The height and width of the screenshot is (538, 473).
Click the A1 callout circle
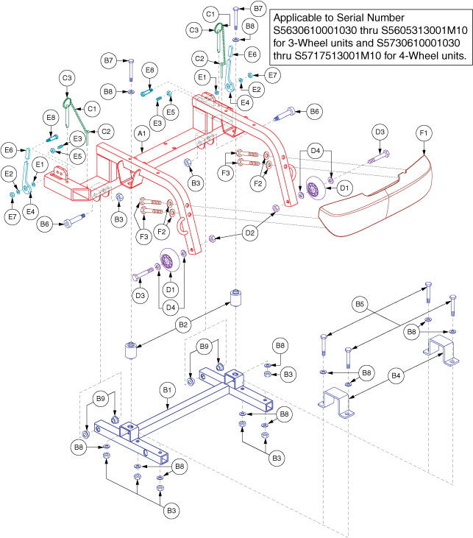(141, 135)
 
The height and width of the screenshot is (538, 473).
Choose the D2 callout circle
(250, 233)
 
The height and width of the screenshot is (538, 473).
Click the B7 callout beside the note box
(258, 8)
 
